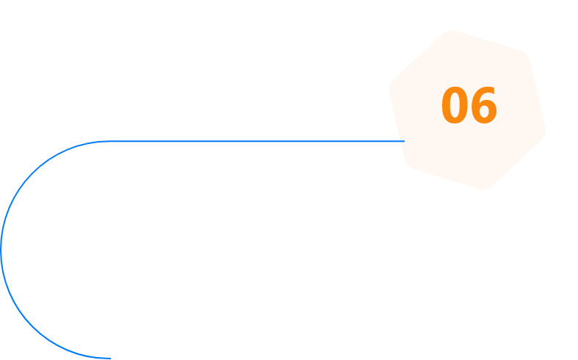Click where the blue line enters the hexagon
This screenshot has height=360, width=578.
pos(404,141)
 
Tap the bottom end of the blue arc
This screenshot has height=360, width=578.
pos(109,358)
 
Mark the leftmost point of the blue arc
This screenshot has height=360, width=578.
pos(1,250)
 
